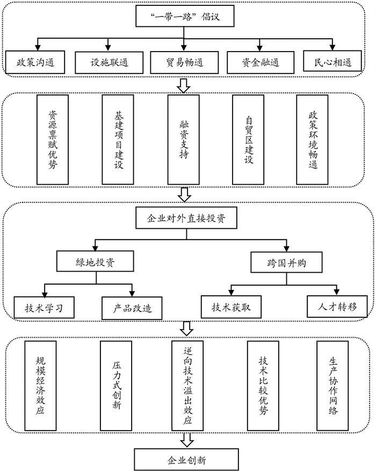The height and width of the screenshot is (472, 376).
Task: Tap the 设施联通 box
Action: (109, 62)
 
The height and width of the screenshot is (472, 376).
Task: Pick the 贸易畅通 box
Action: (185, 62)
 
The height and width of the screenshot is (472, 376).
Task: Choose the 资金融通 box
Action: (260, 62)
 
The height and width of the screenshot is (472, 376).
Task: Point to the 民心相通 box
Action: (332, 62)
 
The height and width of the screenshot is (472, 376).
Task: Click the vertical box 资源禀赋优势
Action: (52, 139)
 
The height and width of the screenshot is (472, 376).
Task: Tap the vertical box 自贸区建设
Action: (248, 139)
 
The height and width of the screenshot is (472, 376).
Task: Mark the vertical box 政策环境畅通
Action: (313, 139)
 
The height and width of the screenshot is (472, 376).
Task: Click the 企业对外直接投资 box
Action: (185, 219)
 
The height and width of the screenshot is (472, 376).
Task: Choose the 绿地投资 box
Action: (95, 263)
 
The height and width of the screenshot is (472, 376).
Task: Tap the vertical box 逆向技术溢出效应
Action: (187, 386)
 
